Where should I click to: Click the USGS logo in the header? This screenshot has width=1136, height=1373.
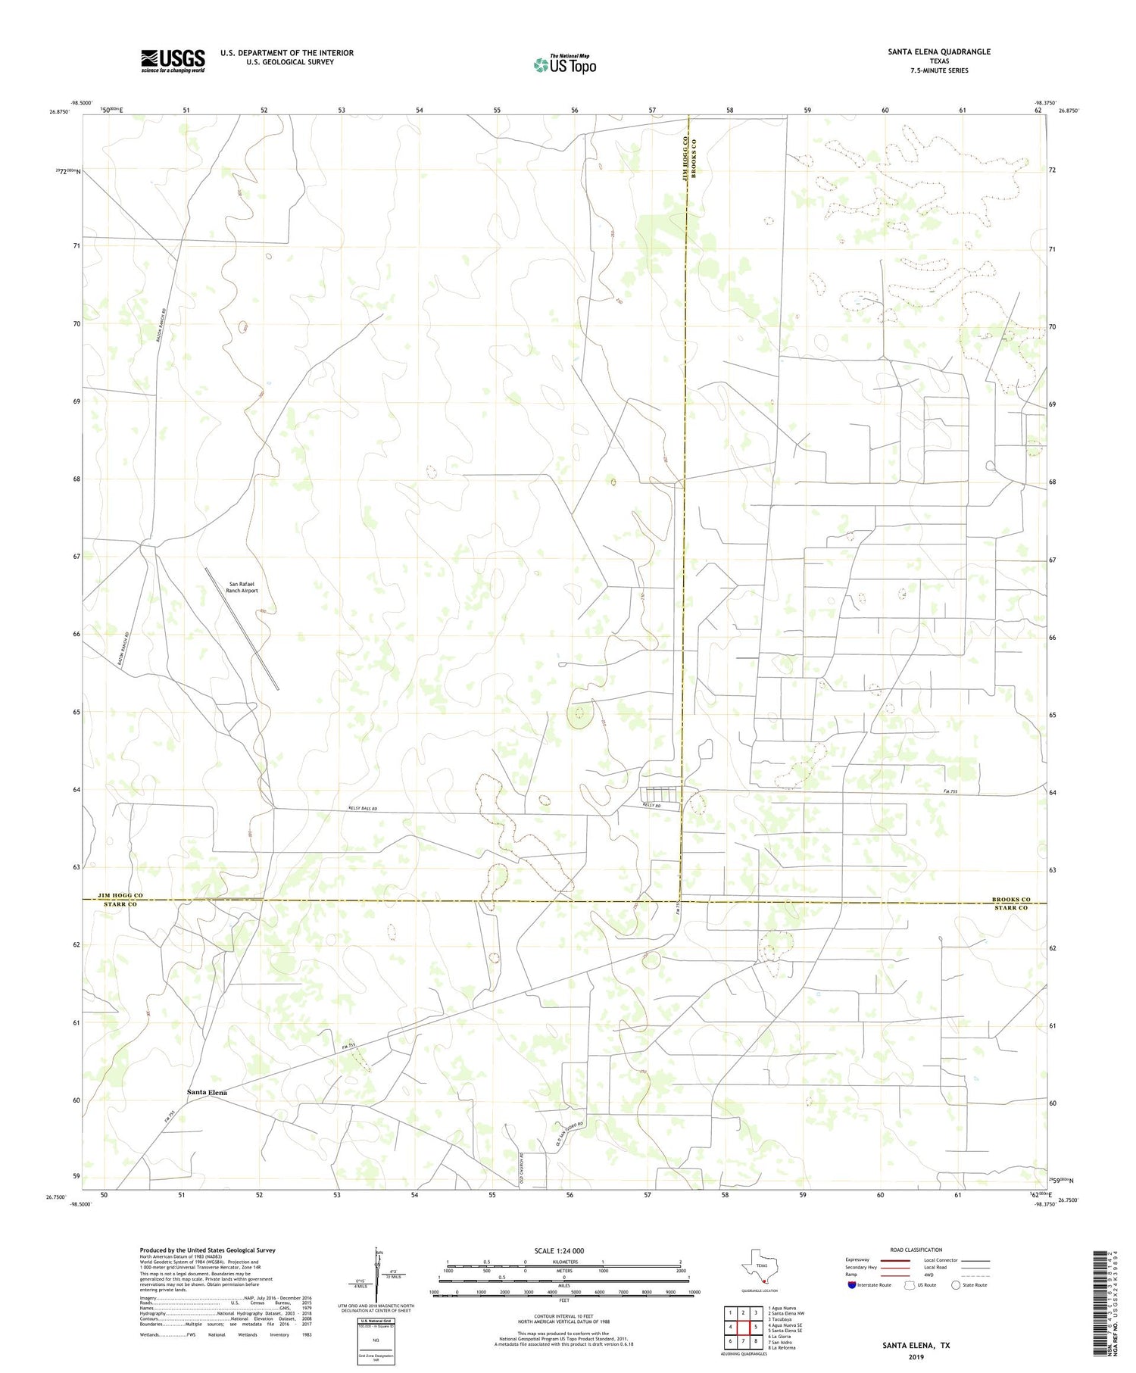[173, 61]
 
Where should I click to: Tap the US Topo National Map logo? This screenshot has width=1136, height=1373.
[565, 64]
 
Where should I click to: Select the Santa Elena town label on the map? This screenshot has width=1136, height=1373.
[207, 1093]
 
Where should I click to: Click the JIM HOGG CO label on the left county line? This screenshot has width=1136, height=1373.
[121, 895]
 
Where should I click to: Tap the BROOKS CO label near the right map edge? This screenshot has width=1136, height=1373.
[1011, 899]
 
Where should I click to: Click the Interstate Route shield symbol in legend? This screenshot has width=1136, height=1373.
[851, 1284]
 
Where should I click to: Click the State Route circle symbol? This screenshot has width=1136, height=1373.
[956, 1284]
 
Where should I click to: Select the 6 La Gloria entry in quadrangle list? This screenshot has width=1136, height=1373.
[780, 1336]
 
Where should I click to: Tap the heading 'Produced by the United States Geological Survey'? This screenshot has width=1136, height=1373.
[207, 1250]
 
